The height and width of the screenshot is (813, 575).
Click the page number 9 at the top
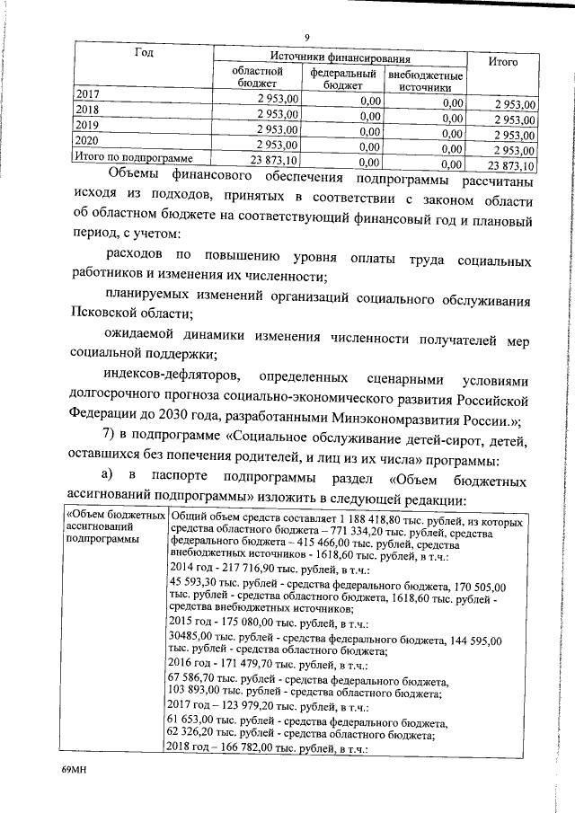click(307, 37)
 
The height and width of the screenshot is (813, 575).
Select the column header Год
click(144, 52)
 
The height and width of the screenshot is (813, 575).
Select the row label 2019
click(87, 125)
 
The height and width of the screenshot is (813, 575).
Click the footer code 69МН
click(73, 770)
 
